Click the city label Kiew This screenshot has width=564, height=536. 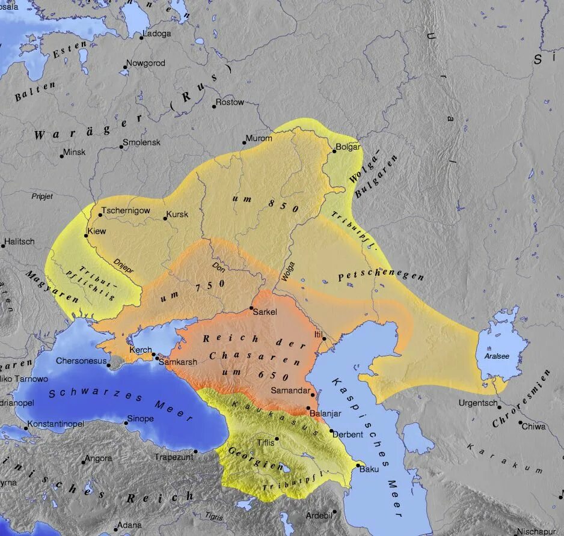97,231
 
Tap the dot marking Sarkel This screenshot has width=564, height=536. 251,308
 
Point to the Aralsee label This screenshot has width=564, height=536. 497,356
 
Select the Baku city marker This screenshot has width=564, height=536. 358,464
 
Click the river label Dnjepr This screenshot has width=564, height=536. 124,266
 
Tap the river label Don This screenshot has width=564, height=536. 219,265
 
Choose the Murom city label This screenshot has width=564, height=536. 259,138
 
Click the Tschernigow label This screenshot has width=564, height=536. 126,211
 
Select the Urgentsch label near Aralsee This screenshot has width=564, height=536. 478,403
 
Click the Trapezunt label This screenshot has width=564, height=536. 174,457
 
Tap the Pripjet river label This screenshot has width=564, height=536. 43,196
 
